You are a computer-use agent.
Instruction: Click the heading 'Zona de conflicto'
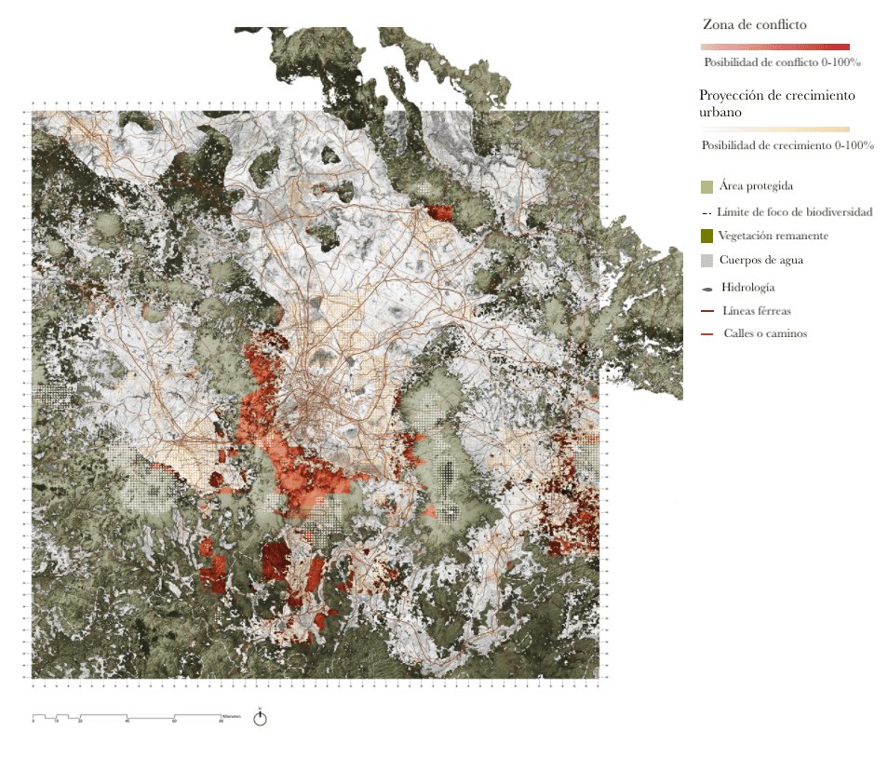pos(754,25)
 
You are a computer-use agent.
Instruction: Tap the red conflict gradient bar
pos(774,47)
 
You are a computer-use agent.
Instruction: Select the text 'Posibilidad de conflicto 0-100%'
pos(781,62)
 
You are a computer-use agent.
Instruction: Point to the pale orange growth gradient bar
pos(774,129)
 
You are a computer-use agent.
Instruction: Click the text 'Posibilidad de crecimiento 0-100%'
pos(787,145)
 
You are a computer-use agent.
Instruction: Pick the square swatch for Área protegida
pos(706,186)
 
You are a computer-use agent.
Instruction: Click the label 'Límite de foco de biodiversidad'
pos(794,212)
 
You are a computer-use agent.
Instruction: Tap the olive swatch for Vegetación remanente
pos(706,236)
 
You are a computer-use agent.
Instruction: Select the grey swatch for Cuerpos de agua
pos(706,260)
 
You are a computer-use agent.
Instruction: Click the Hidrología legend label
pos(747,288)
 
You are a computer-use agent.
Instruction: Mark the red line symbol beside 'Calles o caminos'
pos(706,333)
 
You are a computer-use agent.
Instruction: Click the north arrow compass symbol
pos(260,719)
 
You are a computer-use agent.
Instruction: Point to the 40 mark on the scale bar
pos(127,721)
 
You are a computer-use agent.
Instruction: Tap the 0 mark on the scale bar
pos(33,721)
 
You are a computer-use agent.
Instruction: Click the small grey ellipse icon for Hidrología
pos(706,289)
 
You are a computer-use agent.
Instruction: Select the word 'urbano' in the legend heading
pos(720,112)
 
